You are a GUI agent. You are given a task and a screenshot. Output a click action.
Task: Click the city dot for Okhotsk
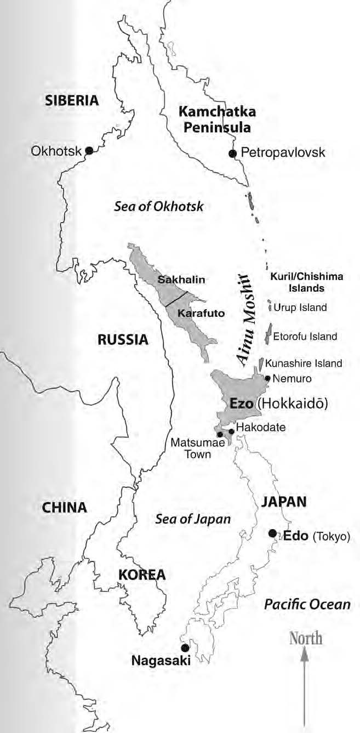click(88, 151)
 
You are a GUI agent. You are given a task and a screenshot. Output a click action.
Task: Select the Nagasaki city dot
click(185, 647)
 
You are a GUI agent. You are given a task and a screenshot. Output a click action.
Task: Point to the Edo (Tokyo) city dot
click(272, 533)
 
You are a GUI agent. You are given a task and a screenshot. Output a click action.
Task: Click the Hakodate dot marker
click(231, 431)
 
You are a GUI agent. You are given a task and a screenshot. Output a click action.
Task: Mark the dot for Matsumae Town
click(220, 435)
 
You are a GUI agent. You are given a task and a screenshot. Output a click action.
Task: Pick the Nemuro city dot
click(267, 378)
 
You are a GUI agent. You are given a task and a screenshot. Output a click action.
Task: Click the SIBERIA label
click(72, 100)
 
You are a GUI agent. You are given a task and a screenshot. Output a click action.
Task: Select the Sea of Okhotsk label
click(159, 207)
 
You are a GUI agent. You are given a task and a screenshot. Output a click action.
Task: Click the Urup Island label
click(300, 308)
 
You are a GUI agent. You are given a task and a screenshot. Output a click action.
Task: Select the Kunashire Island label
click(304, 363)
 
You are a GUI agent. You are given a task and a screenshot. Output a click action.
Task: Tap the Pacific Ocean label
click(307, 604)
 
